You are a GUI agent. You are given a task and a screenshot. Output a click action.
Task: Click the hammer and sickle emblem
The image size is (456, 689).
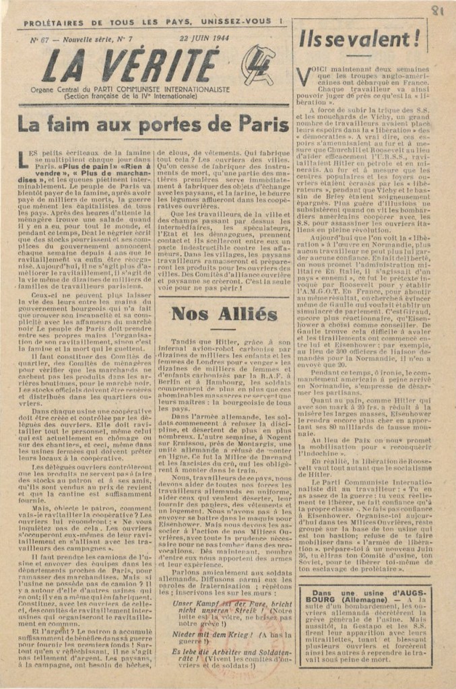pyautogui.click(x=258, y=65)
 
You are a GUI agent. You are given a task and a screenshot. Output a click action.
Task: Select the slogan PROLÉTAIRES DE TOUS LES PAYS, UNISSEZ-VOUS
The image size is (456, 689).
pyautogui.click(x=153, y=23)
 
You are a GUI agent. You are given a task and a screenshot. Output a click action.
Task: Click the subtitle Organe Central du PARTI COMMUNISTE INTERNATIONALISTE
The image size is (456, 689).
pyautogui.click(x=135, y=89)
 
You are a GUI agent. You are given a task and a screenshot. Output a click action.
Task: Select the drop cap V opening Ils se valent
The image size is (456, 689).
pyautogui.click(x=304, y=72)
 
